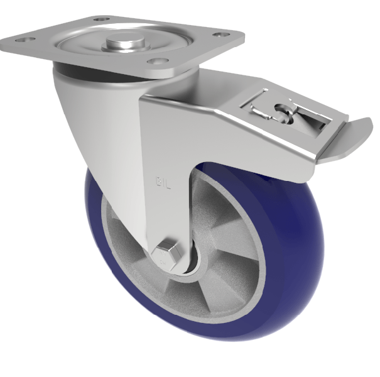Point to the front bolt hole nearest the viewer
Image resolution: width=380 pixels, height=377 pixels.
coord(156,61)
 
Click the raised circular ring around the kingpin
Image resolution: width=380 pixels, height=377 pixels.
coord(100,47)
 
